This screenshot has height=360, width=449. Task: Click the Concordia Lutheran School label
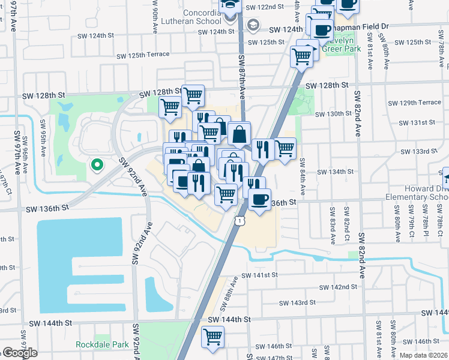187,18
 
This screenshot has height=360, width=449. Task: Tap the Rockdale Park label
103,345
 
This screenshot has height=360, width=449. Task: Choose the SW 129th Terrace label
414,103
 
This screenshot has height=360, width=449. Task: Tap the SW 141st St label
260,275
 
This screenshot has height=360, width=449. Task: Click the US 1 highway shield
240,221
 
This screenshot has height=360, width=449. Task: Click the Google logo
20,353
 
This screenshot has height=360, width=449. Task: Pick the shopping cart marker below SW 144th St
212,336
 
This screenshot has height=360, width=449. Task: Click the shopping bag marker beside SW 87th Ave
239,134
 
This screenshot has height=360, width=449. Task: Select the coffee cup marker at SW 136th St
259,199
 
